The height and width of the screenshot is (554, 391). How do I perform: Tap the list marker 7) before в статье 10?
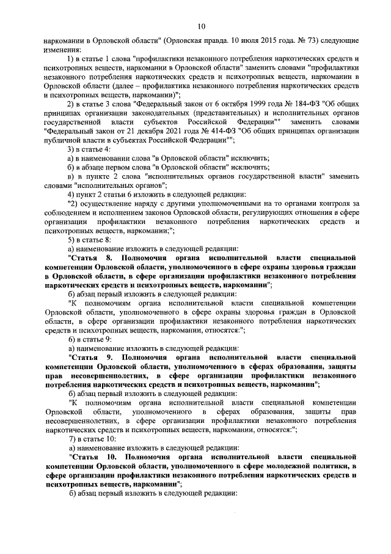(x=72, y=440)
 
